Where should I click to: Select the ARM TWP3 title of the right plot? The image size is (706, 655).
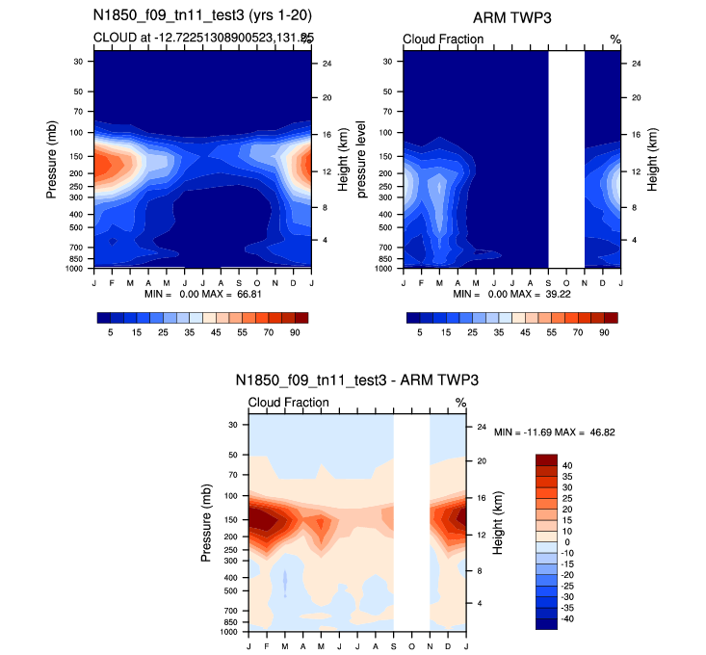click(x=510, y=18)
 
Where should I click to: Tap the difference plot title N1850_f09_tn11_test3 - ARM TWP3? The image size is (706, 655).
click(x=356, y=381)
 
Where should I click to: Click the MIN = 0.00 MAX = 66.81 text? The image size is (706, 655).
click(x=203, y=292)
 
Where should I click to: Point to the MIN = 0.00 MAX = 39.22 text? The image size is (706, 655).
click(x=511, y=292)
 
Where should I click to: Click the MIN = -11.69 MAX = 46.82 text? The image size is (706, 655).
click(x=554, y=433)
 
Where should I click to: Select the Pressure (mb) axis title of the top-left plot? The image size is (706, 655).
click(x=52, y=160)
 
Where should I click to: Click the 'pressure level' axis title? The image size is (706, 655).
click(x=362, y=160)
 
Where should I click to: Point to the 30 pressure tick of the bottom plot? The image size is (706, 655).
click(x=232, y=424)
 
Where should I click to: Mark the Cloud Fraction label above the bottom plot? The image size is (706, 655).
click(x=288, y=402)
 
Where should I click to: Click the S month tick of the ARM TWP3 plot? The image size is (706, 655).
click(x=548, y=281)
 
